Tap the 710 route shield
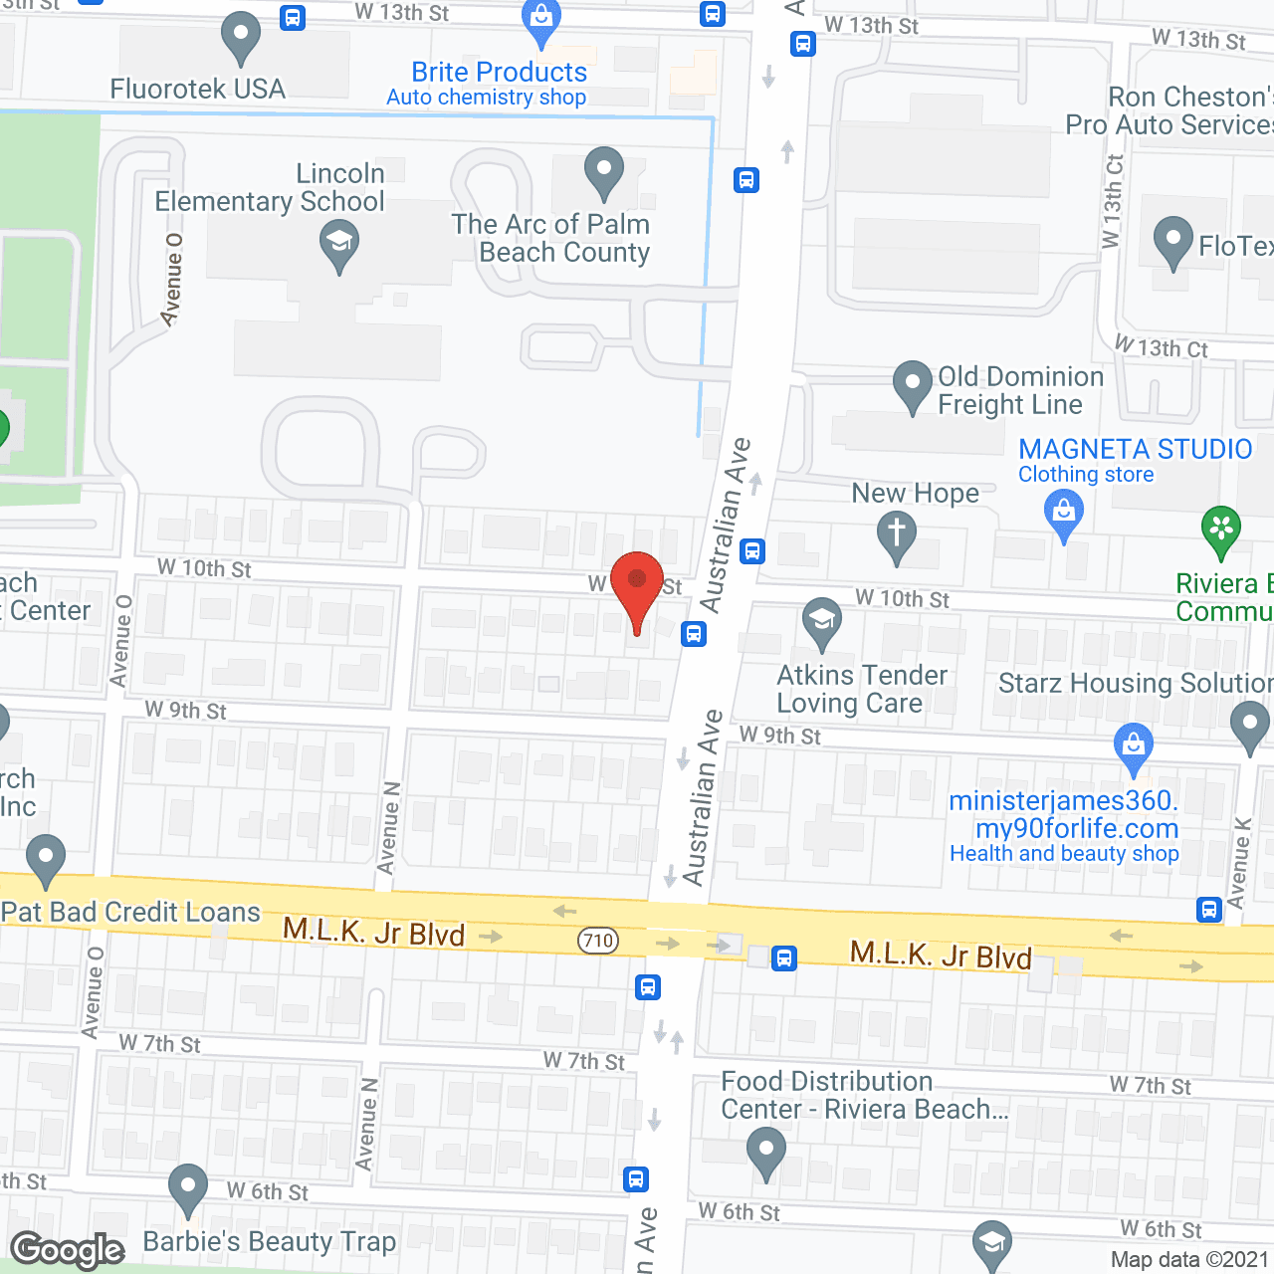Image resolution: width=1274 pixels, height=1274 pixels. tap(598, 940)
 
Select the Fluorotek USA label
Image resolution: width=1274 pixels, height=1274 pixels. tap(197, 89)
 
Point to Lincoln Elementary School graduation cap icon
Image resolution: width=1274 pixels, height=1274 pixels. tap(339, 244)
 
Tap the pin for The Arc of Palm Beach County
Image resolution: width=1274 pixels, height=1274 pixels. tap(603, 171)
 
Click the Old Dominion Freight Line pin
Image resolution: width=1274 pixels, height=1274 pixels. tap(912, 385)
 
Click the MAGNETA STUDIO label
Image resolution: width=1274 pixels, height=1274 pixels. tap(1135, 449)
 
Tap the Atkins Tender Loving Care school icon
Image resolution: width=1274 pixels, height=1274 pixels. tap(821, 622)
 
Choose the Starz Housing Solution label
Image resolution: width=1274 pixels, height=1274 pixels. tap(1136, 683)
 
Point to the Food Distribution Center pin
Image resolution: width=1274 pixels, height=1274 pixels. tap(765, 1152)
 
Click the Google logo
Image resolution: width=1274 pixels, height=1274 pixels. tap(68, 1250)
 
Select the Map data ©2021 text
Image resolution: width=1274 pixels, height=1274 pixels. tap(1189, 1259)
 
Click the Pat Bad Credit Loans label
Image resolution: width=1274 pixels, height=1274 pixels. tap(130, 912)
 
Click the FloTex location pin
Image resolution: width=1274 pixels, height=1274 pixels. tap(1172, 241)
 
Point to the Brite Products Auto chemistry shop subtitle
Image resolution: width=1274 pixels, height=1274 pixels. tap(486, 98)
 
